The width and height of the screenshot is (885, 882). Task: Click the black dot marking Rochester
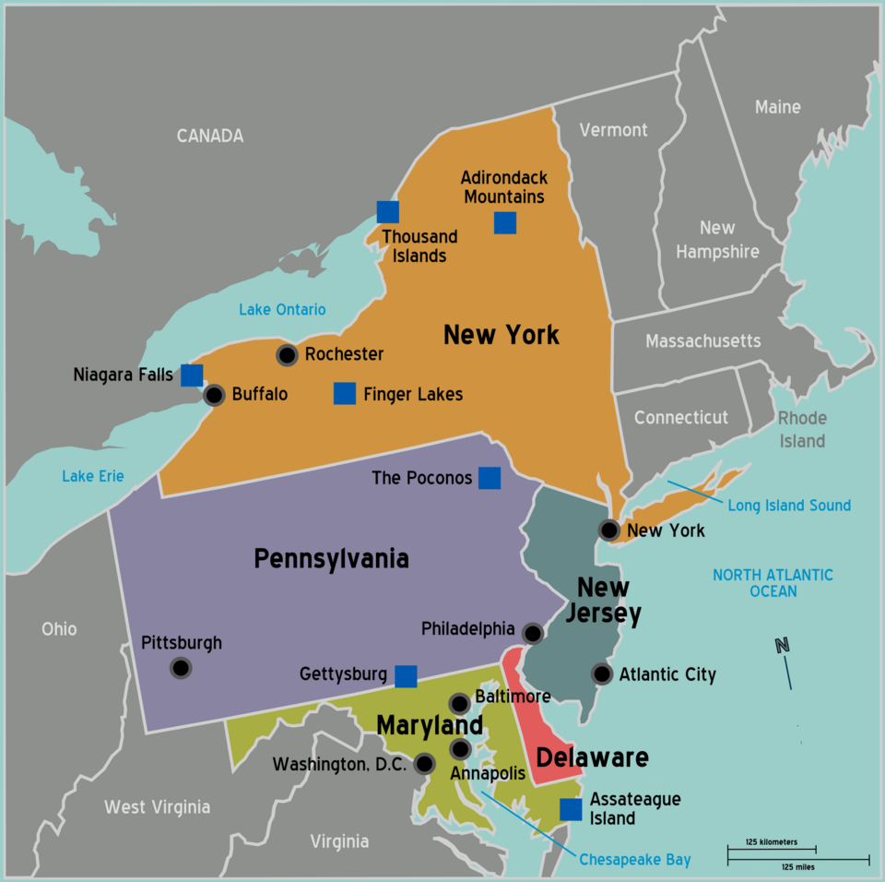click(287, 354)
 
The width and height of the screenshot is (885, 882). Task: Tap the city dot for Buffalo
click(214, 395)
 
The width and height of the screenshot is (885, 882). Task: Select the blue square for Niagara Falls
click(192, 375)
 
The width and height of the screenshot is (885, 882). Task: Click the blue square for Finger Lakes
click(344, 394)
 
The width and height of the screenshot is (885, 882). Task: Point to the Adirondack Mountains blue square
click(504, 222)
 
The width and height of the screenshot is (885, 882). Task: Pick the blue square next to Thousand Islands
click(387, 212)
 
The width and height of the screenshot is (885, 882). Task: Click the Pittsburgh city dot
click(181, 667)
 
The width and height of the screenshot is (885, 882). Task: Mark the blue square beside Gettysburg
click(406, 676)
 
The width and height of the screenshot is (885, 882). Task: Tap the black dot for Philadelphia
click(532, 633)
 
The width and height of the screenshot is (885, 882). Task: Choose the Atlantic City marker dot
click(601, 674)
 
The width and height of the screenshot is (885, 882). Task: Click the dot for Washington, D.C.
click(424, 763)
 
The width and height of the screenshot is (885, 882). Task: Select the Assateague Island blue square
click(571, 809)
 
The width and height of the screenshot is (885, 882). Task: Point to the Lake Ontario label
click(282, 309)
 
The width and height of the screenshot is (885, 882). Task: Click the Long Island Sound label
click(789, 506)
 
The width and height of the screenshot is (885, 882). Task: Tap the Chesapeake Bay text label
click(634, 860)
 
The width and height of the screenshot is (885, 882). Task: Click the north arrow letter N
click(783, 646)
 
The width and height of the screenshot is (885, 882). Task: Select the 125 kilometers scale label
click(772, 842)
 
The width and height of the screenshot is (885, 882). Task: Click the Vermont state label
click(613, 130)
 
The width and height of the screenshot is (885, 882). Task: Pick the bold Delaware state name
click(592, 758)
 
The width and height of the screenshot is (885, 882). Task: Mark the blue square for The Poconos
click(490, 478)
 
